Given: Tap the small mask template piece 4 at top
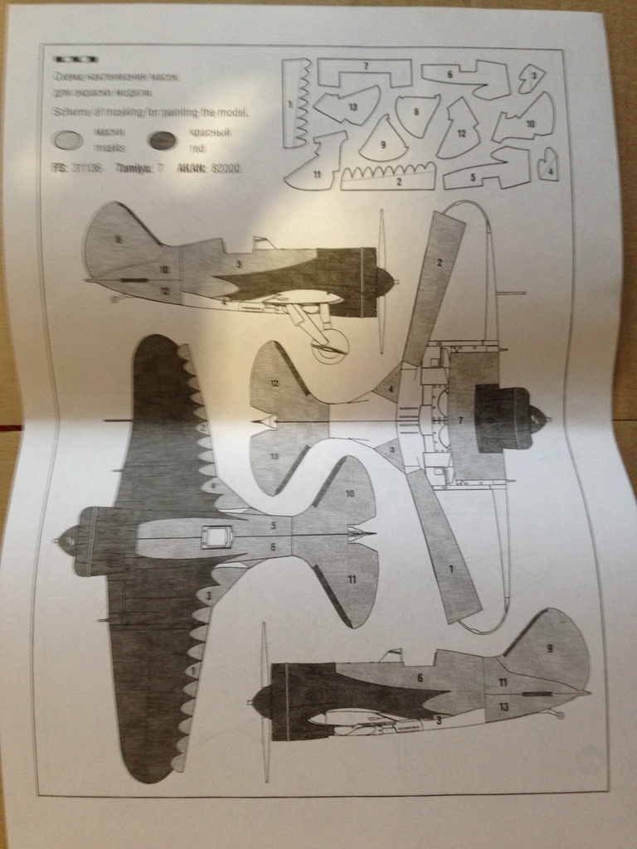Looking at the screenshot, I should click(547, 165).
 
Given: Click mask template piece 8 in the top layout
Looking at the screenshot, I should click(416, 113).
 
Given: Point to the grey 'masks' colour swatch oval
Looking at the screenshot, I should click(69, 139).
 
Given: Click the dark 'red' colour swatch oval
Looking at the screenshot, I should click(165, 139).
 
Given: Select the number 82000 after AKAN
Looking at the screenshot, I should click(225, 167).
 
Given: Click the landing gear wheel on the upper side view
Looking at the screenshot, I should click(329, 345).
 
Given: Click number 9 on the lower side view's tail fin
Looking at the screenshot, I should click(548, 646).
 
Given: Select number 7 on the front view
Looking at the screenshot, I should click(460, 421).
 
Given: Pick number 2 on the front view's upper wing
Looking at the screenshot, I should click(440, 263).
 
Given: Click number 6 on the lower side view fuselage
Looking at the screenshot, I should click(420, 677).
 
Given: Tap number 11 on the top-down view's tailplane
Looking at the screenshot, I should click(352, 578).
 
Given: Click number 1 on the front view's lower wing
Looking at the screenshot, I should click(451, 570).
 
